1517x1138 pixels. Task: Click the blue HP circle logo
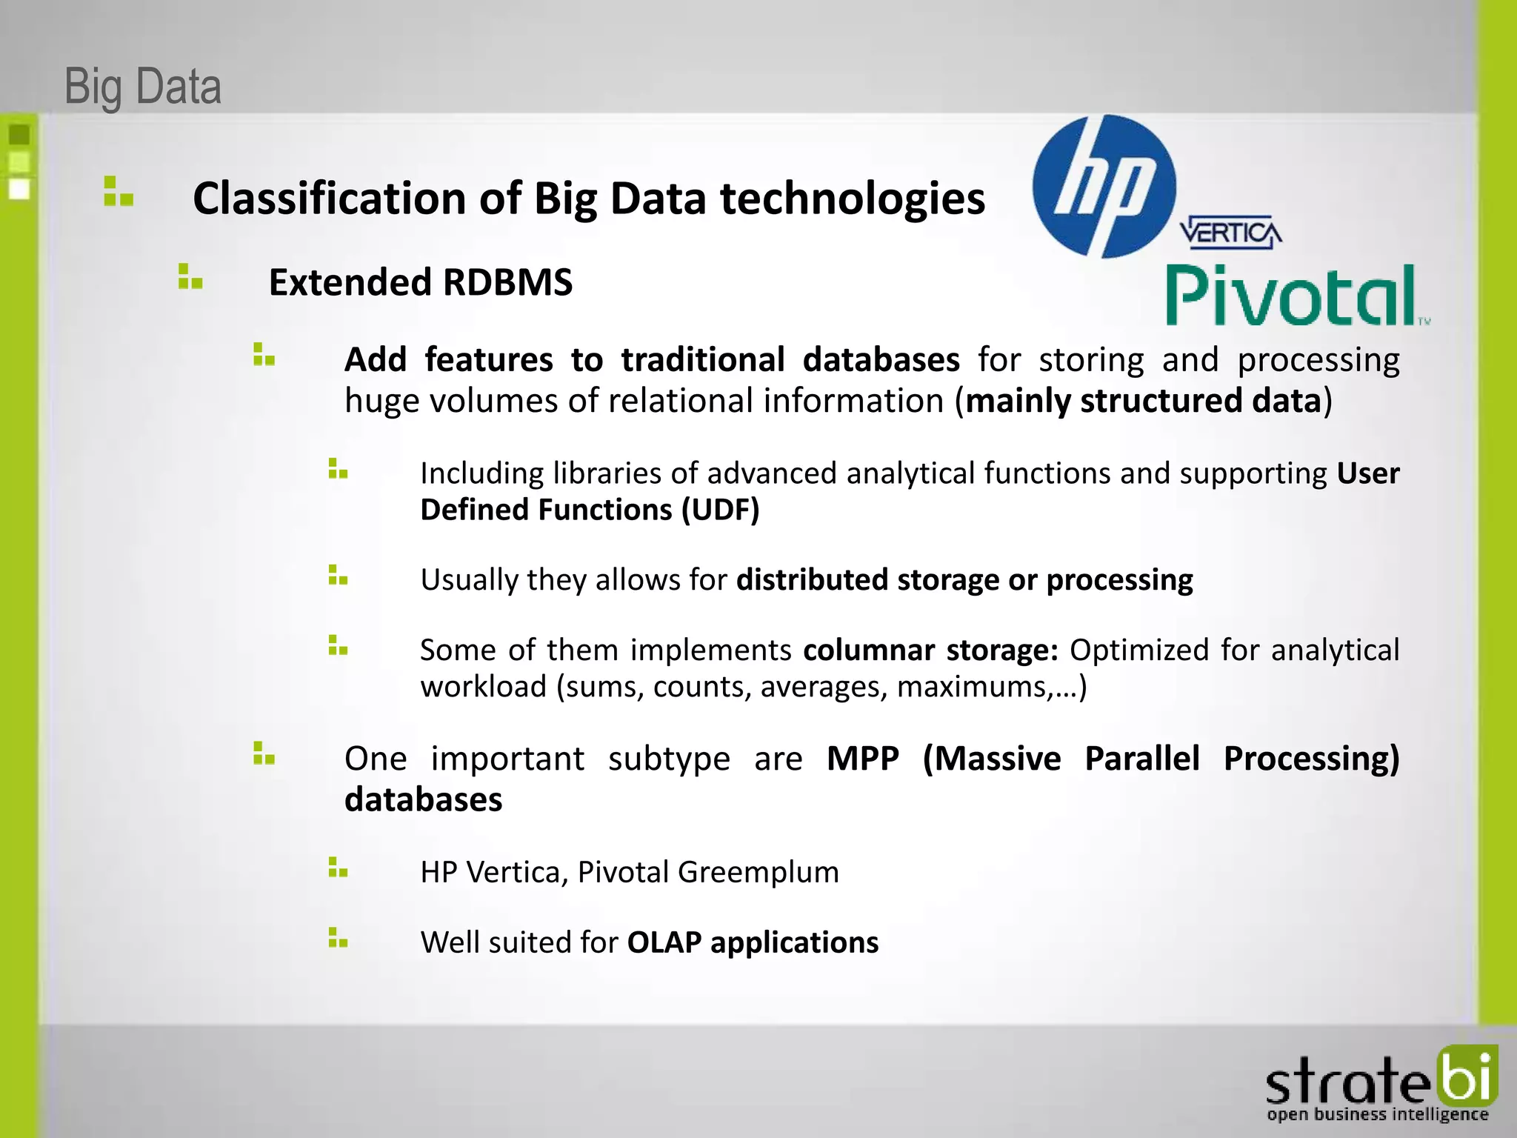[x=1104, y=187]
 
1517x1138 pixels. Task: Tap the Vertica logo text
[x=1230, y=233]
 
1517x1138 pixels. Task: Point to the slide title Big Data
[x=143, y=87]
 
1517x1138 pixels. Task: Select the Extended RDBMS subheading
[x=420, y=282]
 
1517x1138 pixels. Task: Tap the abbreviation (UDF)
[x=720, y=510]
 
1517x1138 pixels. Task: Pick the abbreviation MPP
[x=862, y=759]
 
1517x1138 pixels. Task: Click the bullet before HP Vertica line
[x=338, y=868]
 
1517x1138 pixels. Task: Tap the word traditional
[x=702, y=360]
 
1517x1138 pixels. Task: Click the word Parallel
[x=1141, y=759]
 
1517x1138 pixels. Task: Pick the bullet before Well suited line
[x=338, y=938]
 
